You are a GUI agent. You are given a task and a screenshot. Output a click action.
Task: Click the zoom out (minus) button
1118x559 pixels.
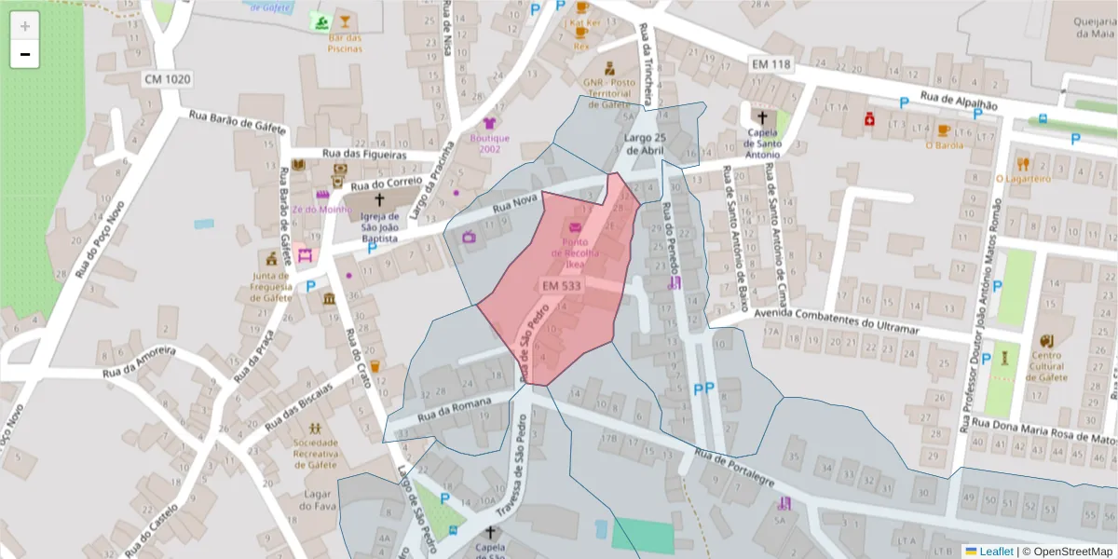pyautogui.click(x=24, y=55)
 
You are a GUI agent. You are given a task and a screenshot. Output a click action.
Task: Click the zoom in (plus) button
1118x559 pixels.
pyautogui.click(x=24, y=26)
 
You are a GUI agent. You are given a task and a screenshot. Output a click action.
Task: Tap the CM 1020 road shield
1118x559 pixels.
pyautogui.click(x=168, y=79)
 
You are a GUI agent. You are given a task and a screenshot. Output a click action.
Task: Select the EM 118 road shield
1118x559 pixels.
pyautogui.click(x=770, y=64)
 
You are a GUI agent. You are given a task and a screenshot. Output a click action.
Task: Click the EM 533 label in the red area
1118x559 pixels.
pyautogui.click(x=562, y=285)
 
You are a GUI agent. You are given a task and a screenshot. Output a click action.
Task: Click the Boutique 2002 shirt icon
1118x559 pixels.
pyautogui.click(x=490, y=123)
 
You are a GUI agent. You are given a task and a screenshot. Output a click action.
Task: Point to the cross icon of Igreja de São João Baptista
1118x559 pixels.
pyautogui.click(x=379, y=199)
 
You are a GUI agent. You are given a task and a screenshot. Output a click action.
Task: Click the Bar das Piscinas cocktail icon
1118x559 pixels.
pyautogui.click(x=345, y=21)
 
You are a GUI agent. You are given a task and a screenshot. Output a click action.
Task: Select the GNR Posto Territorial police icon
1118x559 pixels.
pyautogui.click(x=608, y=67)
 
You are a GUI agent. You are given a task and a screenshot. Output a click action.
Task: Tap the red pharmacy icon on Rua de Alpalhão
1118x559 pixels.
pyautogui.click(x=868, y=119)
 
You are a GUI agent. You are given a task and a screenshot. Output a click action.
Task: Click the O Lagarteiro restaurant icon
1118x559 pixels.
pyautogui.click(x=1023, y=162)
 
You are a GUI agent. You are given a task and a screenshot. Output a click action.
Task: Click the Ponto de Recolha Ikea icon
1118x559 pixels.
pyautogui.click(x=575, y=229)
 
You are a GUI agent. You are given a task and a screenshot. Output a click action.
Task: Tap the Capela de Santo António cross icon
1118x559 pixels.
pyautogui.click(x=762, y=117)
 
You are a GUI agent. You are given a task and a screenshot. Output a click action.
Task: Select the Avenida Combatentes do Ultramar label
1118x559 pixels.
pyautogui.click(x=830, y=325)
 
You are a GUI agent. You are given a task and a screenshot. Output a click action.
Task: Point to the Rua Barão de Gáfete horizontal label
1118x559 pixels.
pyautogui.click(x=235, y=121)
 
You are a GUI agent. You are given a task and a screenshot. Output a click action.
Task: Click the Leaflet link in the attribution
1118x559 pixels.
pyautogui.click(x=996, y=552)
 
